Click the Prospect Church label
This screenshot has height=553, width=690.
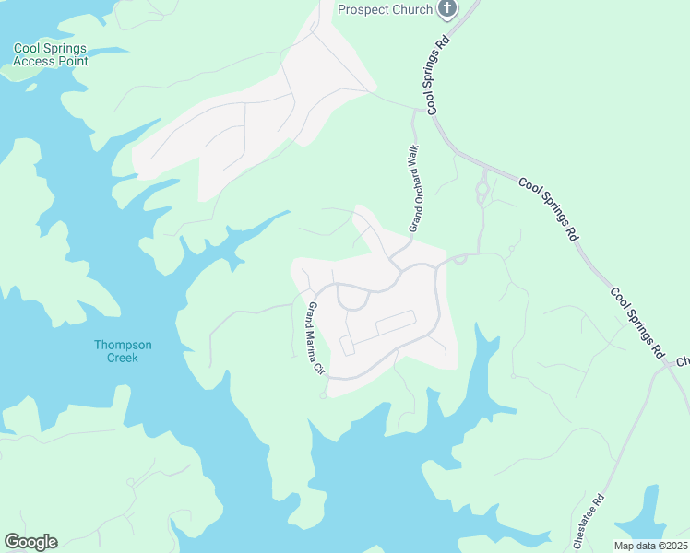pyautogui.click(x=385, y=9)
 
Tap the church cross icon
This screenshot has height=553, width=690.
pyautogui.click(x=447, y=9)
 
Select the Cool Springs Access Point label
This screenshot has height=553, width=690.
pyautogui.click(x=51, y=54)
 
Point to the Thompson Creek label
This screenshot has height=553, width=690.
pyautogui.click(x=116, y=351)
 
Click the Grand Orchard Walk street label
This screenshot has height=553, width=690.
pyautogui.click(x=414, y=187)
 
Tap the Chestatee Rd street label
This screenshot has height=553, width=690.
pyautogui.click(x=588, y=522)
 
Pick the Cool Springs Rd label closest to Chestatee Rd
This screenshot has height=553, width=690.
pyautogui.click(x=637, y=322)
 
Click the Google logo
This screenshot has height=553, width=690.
pyautogui.click(x=30, y=542)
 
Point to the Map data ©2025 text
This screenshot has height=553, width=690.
pyautogui.click(x=650, y=546)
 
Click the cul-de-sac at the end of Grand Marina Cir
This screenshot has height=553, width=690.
pyautogui.click(x=323, y=395)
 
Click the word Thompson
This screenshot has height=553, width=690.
pyautogui.click(x=116, y=345)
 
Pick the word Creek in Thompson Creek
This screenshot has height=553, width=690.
pyautogui.click(x=116, y=358)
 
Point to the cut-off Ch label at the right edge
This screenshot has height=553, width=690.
pyautogui.click(x=683, y=361)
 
